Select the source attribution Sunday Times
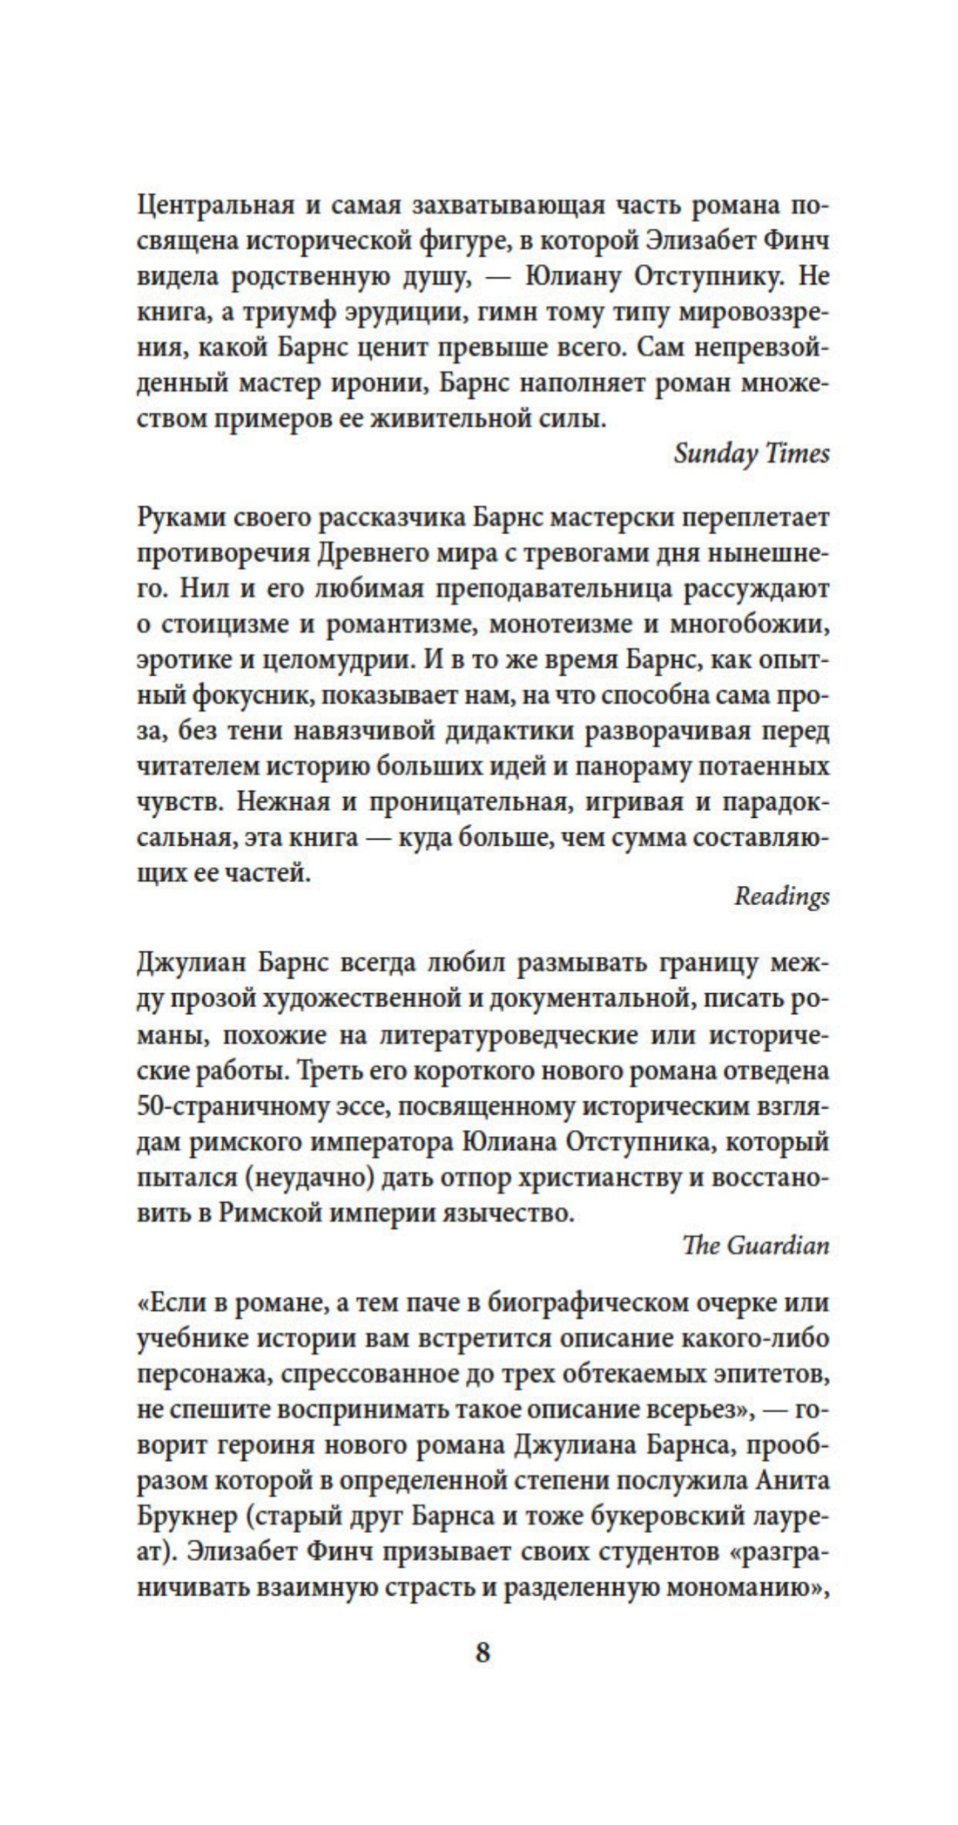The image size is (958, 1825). point(752,454)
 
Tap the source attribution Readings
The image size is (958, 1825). point(781,896)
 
